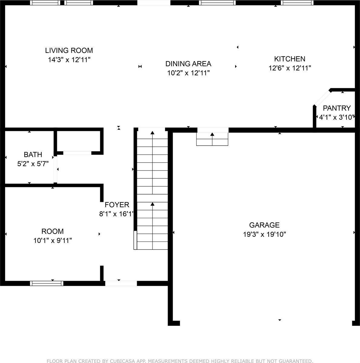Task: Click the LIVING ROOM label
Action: click(69, 51)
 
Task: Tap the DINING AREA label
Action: click(188, 64)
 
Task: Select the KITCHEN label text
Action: click(290, 59)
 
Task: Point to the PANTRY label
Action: click(337, 108)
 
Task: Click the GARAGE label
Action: click(264, 225)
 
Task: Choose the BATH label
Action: click(33, 155)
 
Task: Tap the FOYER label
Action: click(117, 205)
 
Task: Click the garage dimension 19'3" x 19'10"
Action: click(264, 234)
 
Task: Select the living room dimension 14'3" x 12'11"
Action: click(69, 60)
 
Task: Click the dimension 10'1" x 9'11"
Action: click(53, 240)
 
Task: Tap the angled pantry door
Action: click(322, 98)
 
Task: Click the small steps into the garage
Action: click(212, 139)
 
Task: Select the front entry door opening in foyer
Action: click(121, 283)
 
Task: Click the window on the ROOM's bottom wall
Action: click(47, 283)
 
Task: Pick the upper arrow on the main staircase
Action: click(152, 133)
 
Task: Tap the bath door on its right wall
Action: click(55, 169)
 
